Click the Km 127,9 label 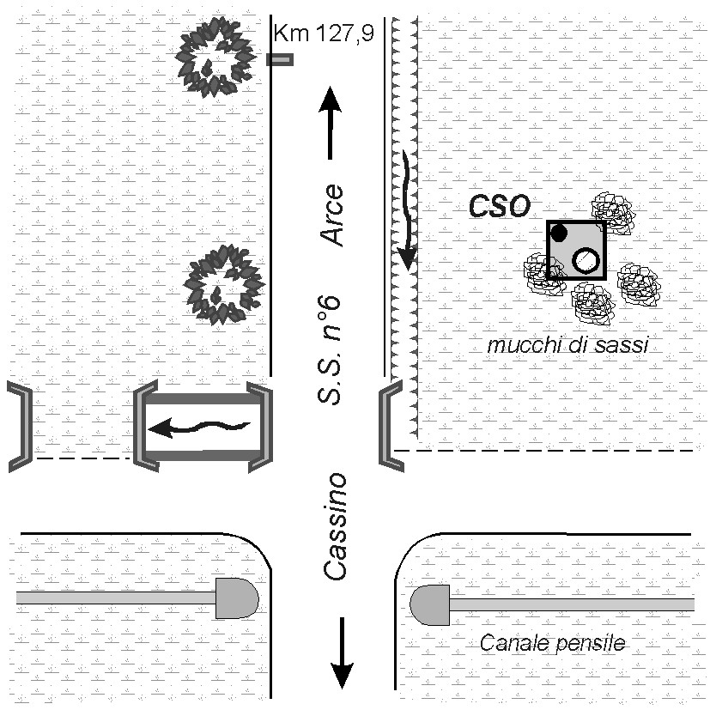324,34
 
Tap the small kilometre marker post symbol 280,59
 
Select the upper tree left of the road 215,56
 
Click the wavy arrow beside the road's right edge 405,206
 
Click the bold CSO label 501,205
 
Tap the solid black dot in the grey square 560,232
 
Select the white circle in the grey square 586,259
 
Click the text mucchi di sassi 567,346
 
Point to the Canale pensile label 552,642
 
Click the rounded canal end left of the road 237,598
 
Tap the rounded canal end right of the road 430,604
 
